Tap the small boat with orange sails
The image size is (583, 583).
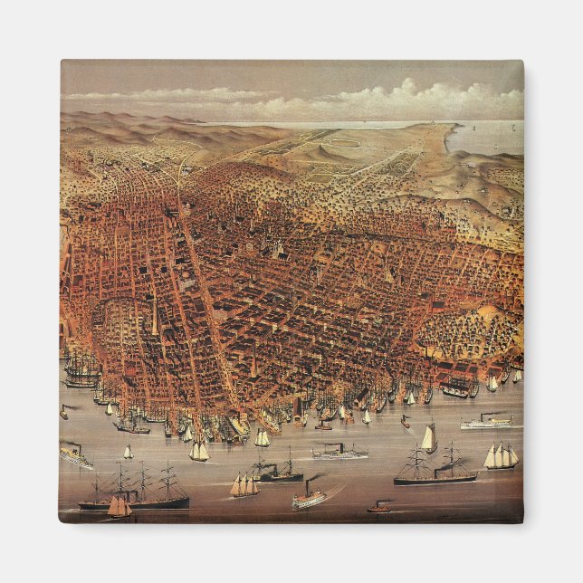(x=119, y=507)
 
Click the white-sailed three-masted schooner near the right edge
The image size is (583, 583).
(x=501, y=457)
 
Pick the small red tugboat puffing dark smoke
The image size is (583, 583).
(x=380, y=507)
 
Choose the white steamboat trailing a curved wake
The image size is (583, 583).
(x=309, y=497)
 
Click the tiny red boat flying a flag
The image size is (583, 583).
(x=405, y=421)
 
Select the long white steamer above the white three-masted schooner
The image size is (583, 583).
(x=486, y=423)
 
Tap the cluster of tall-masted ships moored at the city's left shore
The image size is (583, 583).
(x=83, y=371)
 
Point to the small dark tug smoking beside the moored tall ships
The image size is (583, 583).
(x=63, y=412)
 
